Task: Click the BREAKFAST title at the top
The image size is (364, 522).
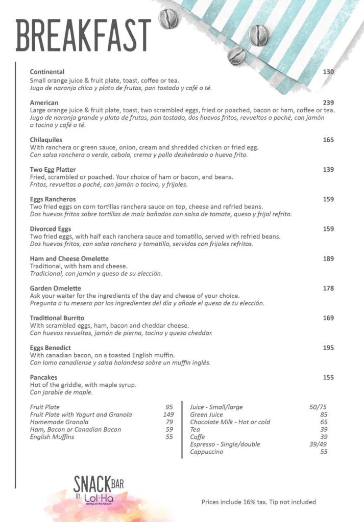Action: [84, 36]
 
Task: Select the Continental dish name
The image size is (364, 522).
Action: [47, 72]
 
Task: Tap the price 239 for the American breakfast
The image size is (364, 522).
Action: [328, 102]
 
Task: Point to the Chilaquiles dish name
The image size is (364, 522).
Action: [46, 140]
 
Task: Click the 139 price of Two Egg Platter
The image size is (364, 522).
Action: [328, 169]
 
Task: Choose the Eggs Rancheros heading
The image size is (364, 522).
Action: [53, 199]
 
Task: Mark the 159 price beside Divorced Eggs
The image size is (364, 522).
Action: [328, 229]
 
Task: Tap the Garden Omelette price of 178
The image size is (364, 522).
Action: [328, 289]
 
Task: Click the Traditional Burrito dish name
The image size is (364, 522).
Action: [57, 318]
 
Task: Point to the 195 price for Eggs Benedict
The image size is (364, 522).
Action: [328, 348]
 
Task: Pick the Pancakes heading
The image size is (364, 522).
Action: [43, 377]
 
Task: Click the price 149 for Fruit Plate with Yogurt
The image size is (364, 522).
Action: [168, 414]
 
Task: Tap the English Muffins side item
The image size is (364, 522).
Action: [52, 437]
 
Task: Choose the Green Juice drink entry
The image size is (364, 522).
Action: [206, 414]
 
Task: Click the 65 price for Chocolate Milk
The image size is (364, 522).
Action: [324, 422]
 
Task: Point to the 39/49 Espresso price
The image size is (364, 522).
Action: [318, 444]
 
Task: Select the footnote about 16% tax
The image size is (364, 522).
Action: [258, 502]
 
